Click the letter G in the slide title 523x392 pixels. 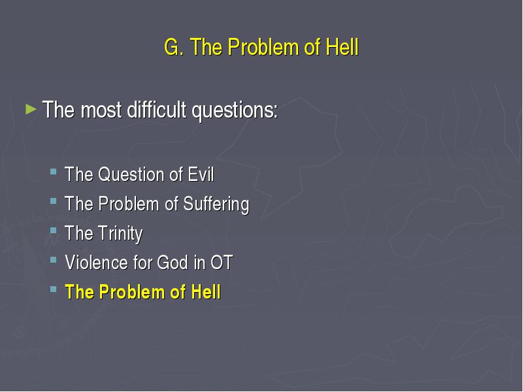(x=172, y=46)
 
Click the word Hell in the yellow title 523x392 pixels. (x=342, y=46)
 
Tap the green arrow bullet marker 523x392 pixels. (x=31, y=109)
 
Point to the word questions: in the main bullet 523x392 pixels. (x=235, y=110)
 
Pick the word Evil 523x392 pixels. (x=201, y=174)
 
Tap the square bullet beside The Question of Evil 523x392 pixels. (x=54, y=172)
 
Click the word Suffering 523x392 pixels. (x=216, y=204)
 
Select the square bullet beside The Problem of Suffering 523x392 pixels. (x=54, y=201)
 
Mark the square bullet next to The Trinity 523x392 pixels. (x=54, y=231)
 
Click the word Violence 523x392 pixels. (x=97, y=263)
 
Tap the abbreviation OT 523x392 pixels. (x=222, y=263)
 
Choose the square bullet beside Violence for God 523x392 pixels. (x=54, y=260)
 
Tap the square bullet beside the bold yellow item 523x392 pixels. (x=54, y=289)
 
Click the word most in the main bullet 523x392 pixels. (x=101, y=110)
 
